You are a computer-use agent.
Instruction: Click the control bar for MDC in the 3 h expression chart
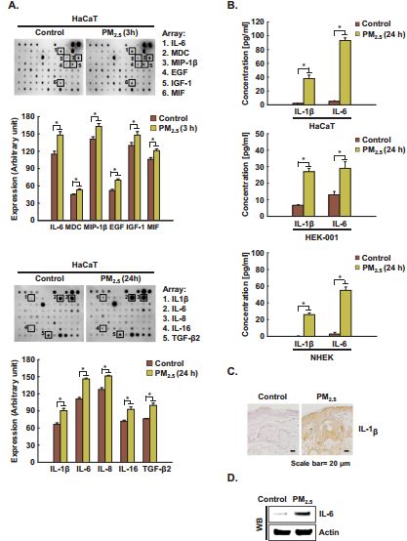[x=73, y=207]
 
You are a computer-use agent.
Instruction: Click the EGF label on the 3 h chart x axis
[x=114, y=229]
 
